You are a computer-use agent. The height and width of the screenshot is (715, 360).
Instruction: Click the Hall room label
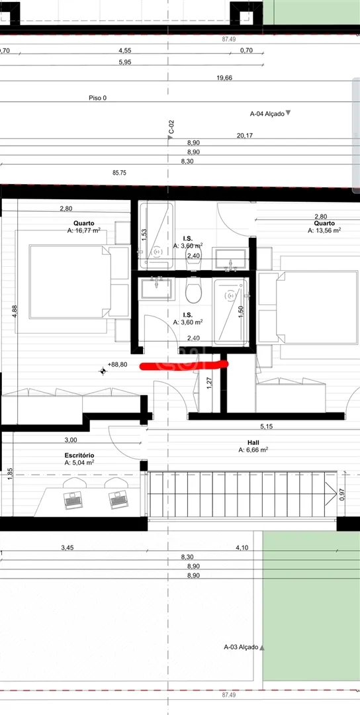[x=253, y=442]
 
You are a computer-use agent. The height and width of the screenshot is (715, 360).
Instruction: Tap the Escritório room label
[x=79, y=455]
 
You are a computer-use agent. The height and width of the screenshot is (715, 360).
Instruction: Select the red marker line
[x=183, y=365]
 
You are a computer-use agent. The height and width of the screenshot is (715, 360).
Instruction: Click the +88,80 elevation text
[x=117, y=365]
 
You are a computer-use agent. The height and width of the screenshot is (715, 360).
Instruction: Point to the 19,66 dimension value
[x=224, y=78]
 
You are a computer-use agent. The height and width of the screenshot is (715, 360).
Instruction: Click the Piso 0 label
[x=98, y=98]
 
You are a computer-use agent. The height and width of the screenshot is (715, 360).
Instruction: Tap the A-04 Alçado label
[x=267, y=114]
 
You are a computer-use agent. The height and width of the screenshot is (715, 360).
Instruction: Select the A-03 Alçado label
[x=241, y=647]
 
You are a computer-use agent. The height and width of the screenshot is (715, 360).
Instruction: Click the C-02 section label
[x=171, y=127]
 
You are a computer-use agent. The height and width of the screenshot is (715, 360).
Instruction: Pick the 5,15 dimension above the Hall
[x=266, y=426]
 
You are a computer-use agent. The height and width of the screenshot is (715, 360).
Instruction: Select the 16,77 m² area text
[x=83, y=231]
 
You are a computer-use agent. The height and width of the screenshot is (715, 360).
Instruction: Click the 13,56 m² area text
[x=324, y=231]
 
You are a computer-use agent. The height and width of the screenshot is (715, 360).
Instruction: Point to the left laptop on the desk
[x=73, y=501]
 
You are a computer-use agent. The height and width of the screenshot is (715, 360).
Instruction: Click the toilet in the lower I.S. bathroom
[x=193, y=293]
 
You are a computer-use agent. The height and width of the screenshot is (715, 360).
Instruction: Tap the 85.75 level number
[x=119, y=173]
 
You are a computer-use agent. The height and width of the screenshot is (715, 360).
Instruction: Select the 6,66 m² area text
[x=253, y=450]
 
